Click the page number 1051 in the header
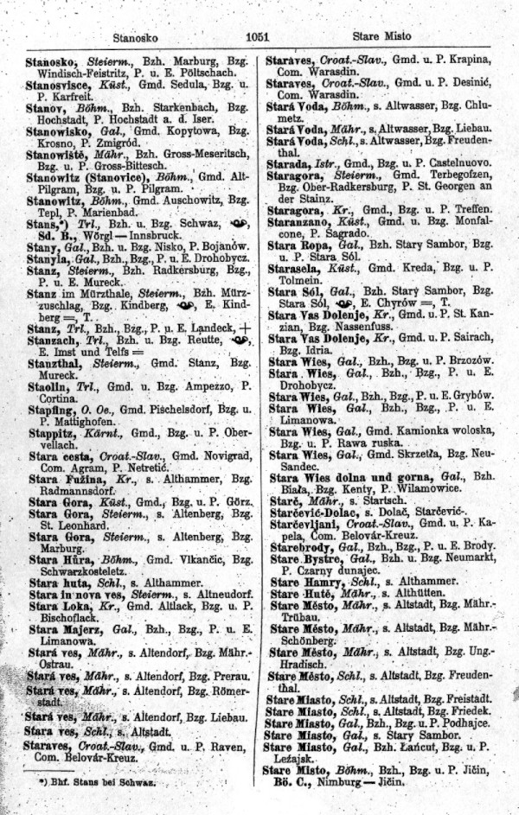click(x=258, y=36)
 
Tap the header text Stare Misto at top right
click(x=382, y=36)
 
